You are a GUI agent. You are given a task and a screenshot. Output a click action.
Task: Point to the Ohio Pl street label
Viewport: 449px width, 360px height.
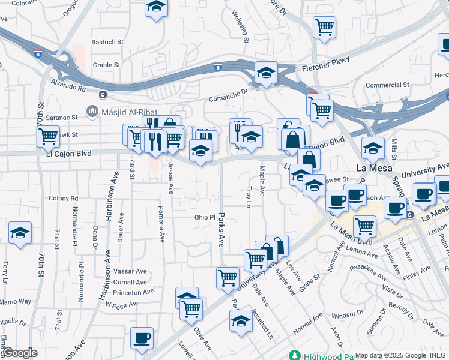(204, 217)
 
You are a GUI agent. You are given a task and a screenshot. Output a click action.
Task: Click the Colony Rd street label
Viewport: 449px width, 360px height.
(64, 198)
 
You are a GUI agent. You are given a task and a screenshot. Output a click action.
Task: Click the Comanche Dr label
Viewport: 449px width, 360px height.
(228, 94)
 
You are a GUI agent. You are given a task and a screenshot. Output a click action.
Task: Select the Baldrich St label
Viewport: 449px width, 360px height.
(107, 43)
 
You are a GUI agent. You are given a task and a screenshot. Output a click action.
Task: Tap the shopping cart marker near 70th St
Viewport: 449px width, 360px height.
(48, 136)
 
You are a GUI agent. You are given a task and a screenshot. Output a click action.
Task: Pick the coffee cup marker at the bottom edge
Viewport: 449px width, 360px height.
(142, 338)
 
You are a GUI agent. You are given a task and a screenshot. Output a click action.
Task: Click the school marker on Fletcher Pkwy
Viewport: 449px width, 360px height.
(266, 73)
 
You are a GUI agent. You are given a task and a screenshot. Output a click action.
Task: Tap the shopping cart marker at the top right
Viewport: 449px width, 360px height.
(324, 27)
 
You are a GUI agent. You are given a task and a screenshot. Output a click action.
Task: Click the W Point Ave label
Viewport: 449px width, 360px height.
(122, 304)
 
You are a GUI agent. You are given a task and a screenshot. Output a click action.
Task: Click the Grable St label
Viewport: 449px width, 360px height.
(107, 65)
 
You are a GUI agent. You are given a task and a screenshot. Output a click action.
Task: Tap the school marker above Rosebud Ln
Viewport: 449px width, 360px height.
(241, 321)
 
